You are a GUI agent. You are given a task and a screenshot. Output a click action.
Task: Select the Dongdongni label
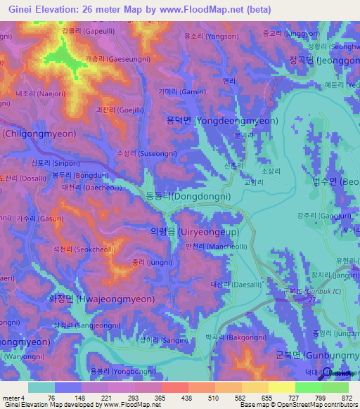coord(188,197)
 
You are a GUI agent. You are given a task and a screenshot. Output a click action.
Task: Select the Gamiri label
coord(192,91)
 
